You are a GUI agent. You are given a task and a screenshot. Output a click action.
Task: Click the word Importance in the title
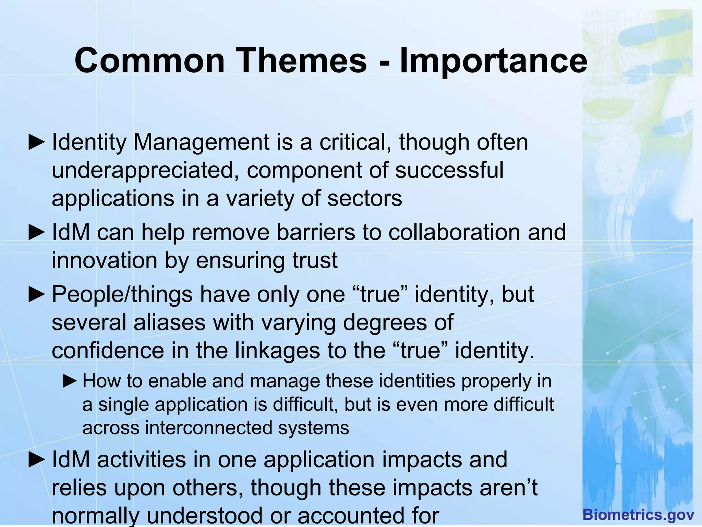(494, 61)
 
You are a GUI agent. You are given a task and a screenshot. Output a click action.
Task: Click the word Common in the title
(149, 61)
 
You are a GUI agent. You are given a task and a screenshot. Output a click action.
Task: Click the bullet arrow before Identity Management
(37, 142)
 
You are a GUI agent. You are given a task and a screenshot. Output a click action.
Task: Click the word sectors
(365, 199)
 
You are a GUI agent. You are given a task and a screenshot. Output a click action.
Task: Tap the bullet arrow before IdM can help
(37, 233)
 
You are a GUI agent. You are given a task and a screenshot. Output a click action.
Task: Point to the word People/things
(122, 295)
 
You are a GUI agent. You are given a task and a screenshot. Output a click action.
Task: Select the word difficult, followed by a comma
(305, 405)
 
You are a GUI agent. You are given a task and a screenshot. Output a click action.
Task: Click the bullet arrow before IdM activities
(37, 460)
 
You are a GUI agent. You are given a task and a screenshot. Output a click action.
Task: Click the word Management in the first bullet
(202, 142)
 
